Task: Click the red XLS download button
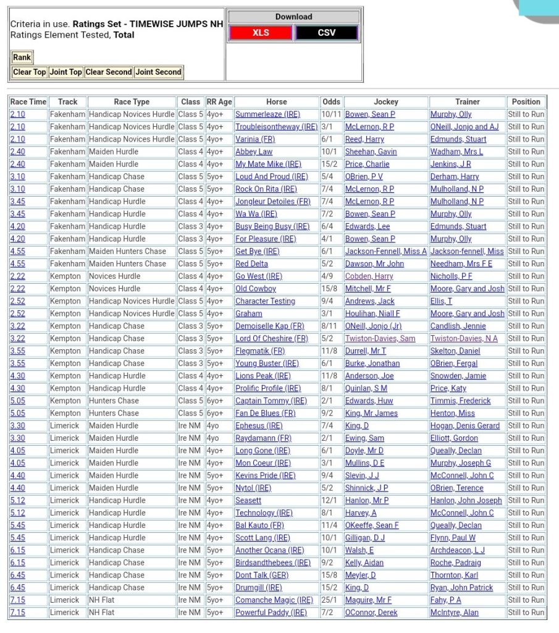click(261, 33)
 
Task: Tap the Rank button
click(22, 57)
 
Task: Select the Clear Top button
click(30, 72)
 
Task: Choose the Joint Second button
click(159, 72)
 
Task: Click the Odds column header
click(331, 102)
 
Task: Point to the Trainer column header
click(468, 102)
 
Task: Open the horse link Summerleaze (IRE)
click(267, 114)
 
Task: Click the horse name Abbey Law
click(254, 151)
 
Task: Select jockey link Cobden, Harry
click(369, 276)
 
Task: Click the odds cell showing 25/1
click(330, 600)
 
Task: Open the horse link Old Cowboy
click(256, 289)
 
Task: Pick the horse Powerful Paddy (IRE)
click(271, 613)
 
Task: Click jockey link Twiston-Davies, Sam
click(380, 339)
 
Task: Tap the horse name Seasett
click(248, 501)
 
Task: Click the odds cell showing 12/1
click(330, 501)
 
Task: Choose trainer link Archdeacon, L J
click(458, 550)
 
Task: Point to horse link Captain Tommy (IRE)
click(271, 401)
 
